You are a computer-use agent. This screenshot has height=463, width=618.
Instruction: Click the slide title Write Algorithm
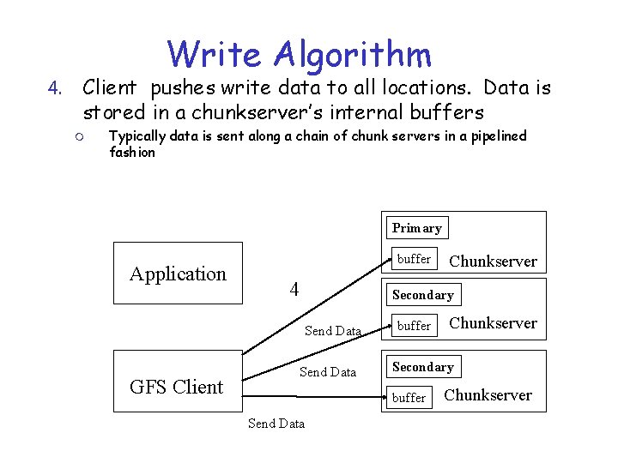[300, 53]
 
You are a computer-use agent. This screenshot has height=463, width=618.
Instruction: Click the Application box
[178, 274]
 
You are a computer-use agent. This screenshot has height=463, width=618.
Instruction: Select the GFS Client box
[177, 387]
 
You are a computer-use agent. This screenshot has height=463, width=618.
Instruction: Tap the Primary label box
[416, 228]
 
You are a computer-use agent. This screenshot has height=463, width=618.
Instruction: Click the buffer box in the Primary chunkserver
[414, 258]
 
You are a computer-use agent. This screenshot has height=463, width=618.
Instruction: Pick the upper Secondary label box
[422, 295]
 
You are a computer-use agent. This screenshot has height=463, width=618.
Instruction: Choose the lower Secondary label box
[422, 367]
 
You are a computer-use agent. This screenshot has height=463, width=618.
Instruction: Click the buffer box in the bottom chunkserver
[409, 397]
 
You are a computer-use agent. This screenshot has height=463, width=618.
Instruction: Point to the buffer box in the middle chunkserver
[414, 326]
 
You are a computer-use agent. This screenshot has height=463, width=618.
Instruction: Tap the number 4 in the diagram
[294, 289]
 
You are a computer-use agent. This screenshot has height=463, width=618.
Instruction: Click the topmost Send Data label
[333, 331]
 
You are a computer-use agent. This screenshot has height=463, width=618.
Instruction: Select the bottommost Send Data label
[276, 424]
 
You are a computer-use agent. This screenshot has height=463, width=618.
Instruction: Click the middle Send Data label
[327, 372]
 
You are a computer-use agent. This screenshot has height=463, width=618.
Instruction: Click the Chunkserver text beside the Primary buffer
[493, 262]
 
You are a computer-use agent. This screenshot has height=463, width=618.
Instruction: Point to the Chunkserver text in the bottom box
[488, 395]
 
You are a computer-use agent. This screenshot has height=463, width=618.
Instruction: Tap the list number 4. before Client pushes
[55, 88]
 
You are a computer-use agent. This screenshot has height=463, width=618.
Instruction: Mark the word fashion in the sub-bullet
[132, 152]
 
